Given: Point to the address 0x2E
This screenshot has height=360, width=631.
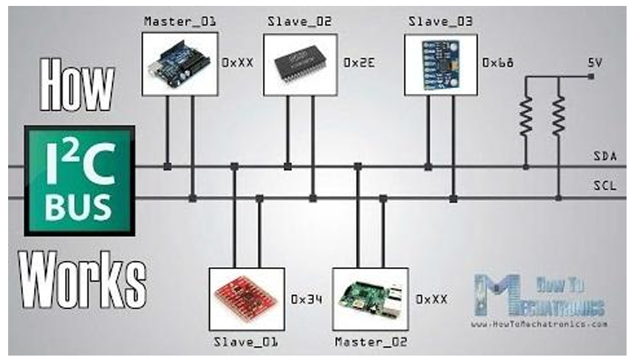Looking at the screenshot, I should click(x=360, y=64).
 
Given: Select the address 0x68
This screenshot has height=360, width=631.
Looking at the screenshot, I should click(x=499, y=64).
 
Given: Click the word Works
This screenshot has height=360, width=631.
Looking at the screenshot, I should click(x=81, y=278).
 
